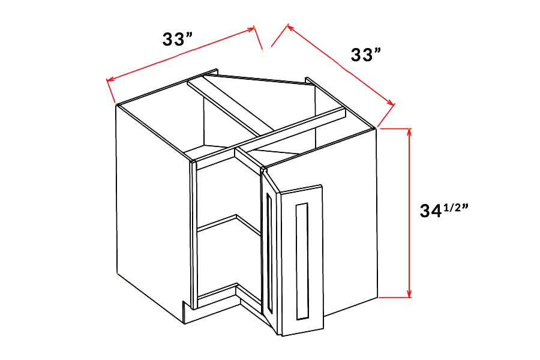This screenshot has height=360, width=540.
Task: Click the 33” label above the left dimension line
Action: point(178,39)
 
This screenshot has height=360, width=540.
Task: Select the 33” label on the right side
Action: point(366,55)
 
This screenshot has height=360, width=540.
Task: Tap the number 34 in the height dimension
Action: point(430,211)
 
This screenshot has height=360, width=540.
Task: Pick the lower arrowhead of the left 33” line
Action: point(110,80)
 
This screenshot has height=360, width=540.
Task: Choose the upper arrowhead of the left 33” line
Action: point(251,29)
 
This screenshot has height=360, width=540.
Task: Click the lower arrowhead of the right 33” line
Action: point(390,103)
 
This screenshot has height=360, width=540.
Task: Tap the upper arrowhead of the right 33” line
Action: point(290,28)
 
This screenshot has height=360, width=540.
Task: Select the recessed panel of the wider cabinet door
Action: point(302,261)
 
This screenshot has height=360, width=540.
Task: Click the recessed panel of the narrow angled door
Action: point(269,253)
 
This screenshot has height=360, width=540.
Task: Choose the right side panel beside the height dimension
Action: point(350,220)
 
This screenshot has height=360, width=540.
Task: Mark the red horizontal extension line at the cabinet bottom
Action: point(395,297)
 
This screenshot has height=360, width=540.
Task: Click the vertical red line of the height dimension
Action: point(409,213)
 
